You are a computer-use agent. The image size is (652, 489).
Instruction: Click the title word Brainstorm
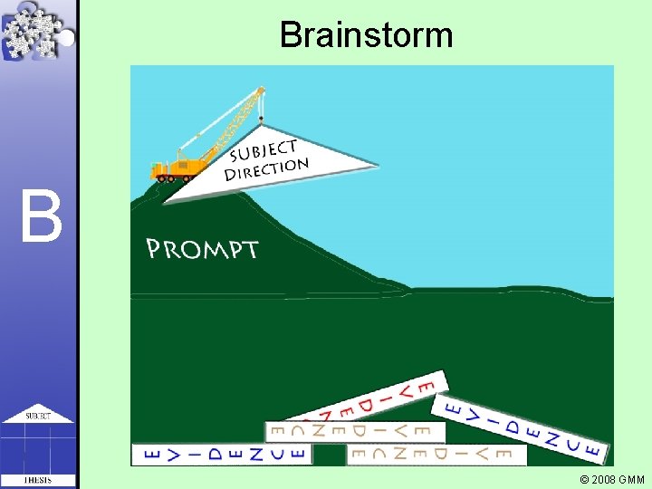pos(366,35)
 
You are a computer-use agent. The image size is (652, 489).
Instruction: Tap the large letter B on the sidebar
pos(43,216)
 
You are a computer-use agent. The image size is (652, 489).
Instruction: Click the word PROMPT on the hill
pos(202,249)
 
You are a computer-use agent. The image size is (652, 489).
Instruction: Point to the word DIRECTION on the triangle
pos(266,169)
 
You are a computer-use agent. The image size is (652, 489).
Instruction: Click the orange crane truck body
pos(178,167)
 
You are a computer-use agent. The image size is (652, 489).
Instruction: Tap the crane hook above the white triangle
pos(262,119)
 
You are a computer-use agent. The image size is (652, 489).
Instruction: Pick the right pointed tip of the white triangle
pos(374,165)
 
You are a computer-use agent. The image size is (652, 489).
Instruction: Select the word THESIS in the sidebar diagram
pos(37,480)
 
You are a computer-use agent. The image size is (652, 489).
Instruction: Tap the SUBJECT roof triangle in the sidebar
pos(37,414)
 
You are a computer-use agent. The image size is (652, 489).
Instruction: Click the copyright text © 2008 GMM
pos(612,479)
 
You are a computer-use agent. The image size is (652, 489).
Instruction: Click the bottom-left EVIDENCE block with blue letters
pos(221,454)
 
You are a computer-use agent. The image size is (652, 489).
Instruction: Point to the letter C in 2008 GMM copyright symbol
pos(584,479)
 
